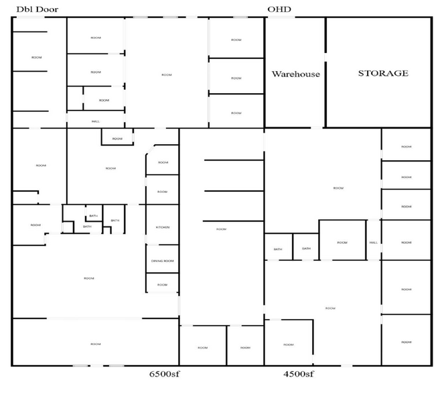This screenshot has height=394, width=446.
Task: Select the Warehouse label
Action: pos(295,74)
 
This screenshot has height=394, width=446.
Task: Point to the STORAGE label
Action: pos(382,73)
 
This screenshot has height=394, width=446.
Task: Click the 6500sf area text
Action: pos(163,373)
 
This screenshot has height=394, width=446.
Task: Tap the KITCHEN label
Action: pos(163,227)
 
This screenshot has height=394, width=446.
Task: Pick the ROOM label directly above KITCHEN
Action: pos(163,192)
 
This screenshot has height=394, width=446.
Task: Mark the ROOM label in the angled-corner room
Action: pos(163,162)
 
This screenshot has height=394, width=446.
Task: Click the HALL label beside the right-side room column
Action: pos(374,243)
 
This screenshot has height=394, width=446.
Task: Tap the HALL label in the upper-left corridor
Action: pos(96,121)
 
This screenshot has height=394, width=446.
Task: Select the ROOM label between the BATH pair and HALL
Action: pos(342,243)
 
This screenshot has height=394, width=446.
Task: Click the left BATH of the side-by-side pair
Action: pos(278,249)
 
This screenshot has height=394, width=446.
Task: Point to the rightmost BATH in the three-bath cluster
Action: pos(115,220)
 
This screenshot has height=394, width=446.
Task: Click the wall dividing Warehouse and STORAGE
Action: pos(325,72)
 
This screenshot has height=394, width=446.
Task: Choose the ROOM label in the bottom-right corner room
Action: pos(406,342)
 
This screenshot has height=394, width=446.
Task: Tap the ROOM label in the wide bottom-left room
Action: pos(95,344)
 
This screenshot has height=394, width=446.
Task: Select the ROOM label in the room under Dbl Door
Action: pos(37,58)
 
